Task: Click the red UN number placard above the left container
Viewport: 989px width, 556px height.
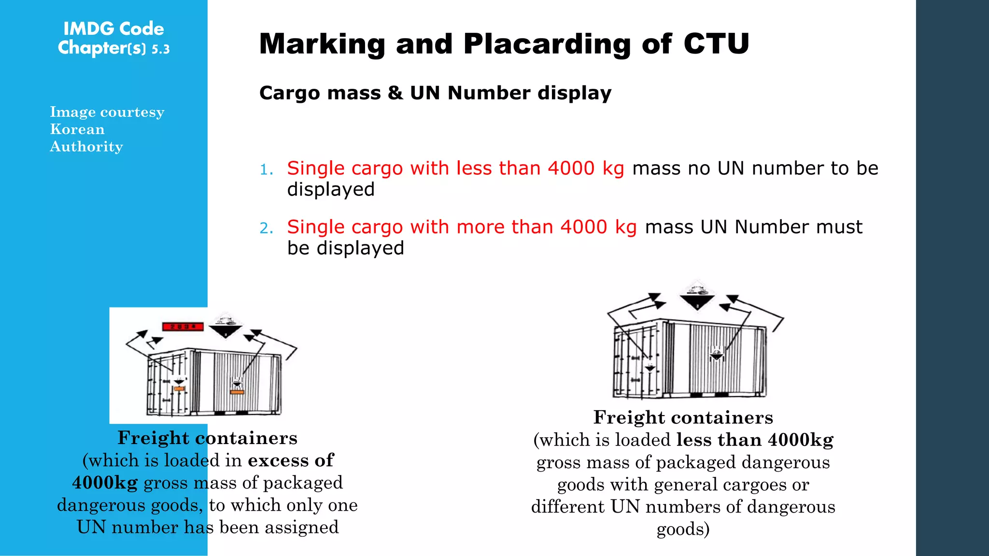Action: tap(183, 327)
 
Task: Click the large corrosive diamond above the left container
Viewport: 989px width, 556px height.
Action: tap(225, 327)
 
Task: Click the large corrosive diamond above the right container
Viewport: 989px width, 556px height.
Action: tap(697, 296)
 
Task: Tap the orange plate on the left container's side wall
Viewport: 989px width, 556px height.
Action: tap(237, 392)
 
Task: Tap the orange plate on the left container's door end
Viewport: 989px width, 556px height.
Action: tap(179, 389)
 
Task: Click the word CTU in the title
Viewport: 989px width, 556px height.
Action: tap(716, 44)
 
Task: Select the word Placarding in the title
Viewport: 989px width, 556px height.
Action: tap(547, 44)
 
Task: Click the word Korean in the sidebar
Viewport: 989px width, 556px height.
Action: tap(77, 129)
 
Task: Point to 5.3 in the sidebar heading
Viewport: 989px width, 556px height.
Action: tap(160, 49)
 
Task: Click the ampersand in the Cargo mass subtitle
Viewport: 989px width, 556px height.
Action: tap(395, 93)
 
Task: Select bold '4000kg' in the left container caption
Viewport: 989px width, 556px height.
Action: tap(105, 482)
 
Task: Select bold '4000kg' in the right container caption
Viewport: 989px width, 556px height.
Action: tap(800, 440)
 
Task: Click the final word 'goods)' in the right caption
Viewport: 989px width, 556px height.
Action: tap(683, 529)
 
